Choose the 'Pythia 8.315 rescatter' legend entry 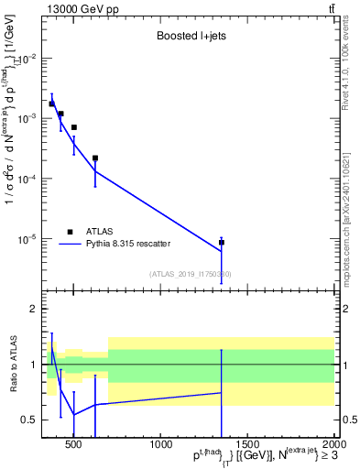coord(127,244)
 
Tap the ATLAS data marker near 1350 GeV coord(222,243)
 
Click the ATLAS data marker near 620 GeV coord(95,158)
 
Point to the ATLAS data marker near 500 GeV coord(74,127)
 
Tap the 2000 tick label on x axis coord(332,446)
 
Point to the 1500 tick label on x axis coord(247,446)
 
